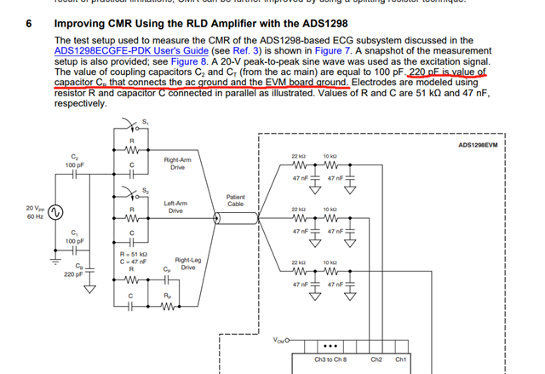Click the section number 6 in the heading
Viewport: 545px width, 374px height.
click(27, 24)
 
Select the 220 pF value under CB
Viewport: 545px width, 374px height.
click(73, 274)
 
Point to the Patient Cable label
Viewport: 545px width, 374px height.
click(236, 200)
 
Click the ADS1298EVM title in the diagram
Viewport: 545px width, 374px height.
click(478, 145)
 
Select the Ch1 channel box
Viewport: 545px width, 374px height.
click(401, 359)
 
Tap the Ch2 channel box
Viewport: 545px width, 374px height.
click(376, 359)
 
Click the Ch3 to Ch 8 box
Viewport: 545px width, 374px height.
click(330, 359)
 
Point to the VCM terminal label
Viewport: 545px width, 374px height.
click(279, 341)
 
